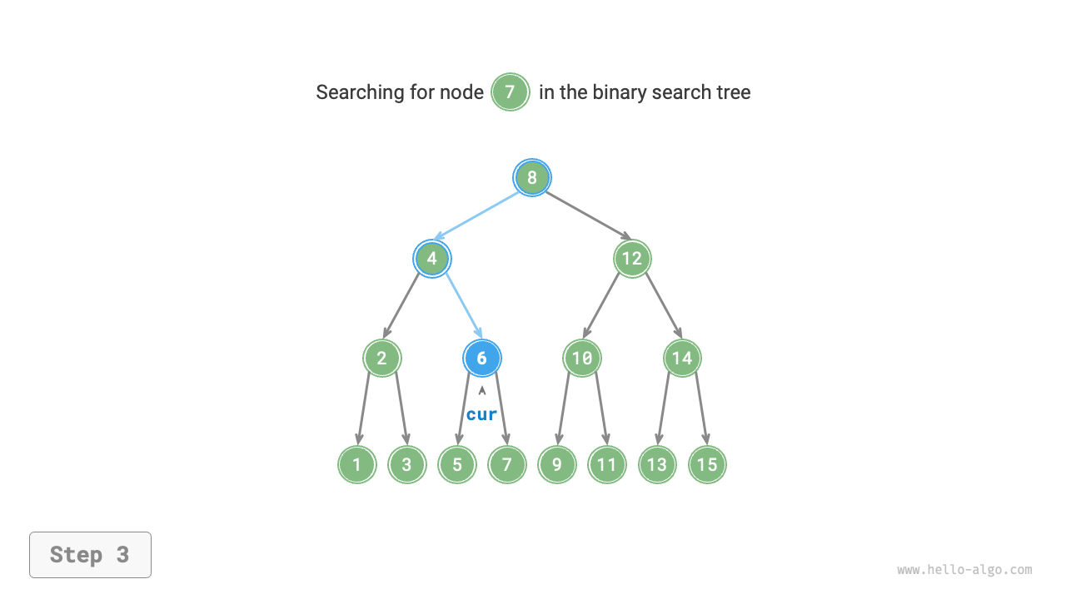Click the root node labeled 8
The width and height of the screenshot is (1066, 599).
(x=532, y=177)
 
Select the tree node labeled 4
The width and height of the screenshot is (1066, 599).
(x=432, y=259)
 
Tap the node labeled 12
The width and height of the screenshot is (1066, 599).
(x=632, y=259)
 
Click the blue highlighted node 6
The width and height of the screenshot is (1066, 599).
(x=482, y=359)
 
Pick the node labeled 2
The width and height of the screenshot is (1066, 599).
(x=382, y=359)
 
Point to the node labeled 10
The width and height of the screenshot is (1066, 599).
(x=582, y=359)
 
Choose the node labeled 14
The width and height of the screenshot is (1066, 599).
(x=682, y=359)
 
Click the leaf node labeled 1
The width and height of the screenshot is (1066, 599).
(x=357, y=464)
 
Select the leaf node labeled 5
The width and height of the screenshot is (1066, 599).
(x=457, y=464)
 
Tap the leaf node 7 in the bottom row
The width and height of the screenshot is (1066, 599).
(x=507, y=464)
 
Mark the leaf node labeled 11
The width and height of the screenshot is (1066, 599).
(x=607, y=464)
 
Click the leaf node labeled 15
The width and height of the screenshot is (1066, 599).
(x=707, y=464)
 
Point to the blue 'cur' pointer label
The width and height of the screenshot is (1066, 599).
(x=481, y=414)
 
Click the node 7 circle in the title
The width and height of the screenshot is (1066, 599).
(x=511, y=92)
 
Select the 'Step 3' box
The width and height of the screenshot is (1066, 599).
(x=90, y=555)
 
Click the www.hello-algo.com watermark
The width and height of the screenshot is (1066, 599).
(x=964, y=570)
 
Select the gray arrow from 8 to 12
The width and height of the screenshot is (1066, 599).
(x=588, y=215)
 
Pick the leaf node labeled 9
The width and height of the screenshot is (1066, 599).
(x=557, y=464)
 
